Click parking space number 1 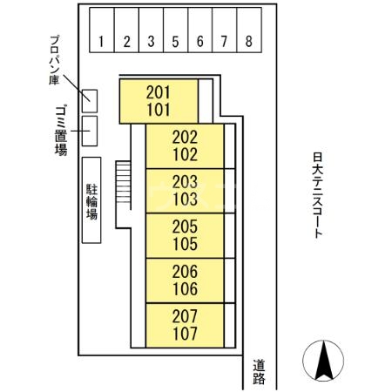[102, 30]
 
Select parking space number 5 [176, 30]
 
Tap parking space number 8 [249, 30]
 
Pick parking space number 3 [151, 30]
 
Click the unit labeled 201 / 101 [159, 101]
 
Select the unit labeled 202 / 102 [185, 146]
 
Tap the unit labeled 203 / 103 [185, 191]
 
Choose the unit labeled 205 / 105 [185, 235]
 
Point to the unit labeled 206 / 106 [185, 280]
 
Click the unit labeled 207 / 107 [185, 325]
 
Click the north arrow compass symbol [323, 361]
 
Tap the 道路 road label [259, 372]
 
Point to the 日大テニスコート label [318, 195]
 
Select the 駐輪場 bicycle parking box [91, 200]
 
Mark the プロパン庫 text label [55, 60]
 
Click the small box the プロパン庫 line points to [90, 101]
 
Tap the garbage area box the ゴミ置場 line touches [90, 131]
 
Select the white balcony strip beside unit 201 [206, 101]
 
